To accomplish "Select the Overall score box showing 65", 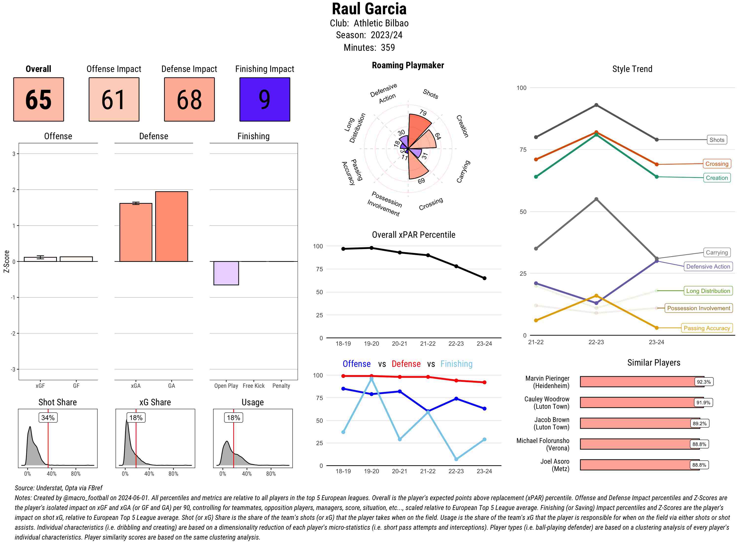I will coord(38,100).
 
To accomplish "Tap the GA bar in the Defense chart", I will coord(171,226).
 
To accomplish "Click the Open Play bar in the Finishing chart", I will coord(226,273).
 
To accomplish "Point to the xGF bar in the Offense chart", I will coord(40,259).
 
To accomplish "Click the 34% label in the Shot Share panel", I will coord(48,418).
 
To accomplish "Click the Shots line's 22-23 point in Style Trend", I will coord(596,105).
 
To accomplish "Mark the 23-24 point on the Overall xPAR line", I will coord(485,278).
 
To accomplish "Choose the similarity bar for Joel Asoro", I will coord(640,465).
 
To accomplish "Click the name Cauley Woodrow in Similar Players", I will coord(547,399).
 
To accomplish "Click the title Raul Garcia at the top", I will coord(369,9).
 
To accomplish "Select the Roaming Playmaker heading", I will coord(408,65).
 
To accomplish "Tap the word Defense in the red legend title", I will coord(406,364).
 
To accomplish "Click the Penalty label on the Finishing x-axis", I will coord(281,386).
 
